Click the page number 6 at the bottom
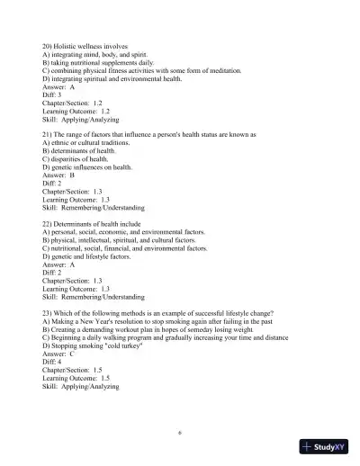pyautogui.click(x=180, y=432)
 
